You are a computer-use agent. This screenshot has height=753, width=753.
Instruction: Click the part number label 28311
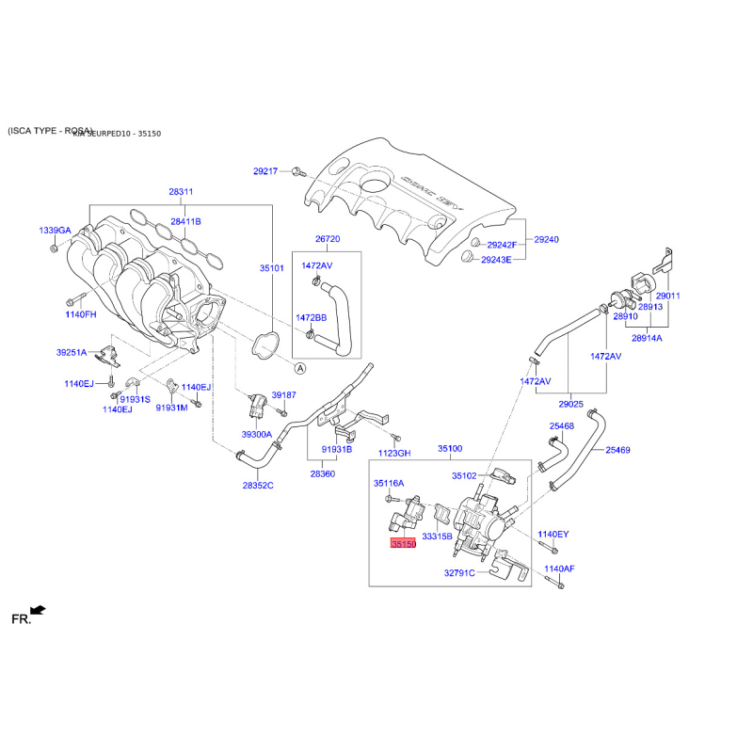click(x=181, y=192)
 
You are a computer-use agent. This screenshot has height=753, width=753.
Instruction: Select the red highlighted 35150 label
click(x=403, y=544)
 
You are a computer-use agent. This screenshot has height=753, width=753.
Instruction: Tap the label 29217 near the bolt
click(x=266, y=171)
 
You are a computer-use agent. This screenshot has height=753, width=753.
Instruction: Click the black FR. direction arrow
click(x=38, y=611)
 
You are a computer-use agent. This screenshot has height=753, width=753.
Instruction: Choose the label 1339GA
click(x=55, y=231)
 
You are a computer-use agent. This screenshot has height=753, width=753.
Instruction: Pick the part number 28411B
click(x=185, y=221)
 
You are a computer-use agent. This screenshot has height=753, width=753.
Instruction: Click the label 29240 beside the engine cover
click(x=546, y=240)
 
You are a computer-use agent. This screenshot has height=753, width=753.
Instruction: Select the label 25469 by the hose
click(x=617, y=451)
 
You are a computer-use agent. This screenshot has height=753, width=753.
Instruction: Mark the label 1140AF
click(x=558, y=569)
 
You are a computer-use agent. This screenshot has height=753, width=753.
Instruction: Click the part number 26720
click(x=328, y=239)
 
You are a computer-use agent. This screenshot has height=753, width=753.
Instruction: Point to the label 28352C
click(x=257, y=486)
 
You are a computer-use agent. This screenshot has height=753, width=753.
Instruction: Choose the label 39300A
click(x=256, y=435)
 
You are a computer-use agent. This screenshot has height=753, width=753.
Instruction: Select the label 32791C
click(x=460, y=571)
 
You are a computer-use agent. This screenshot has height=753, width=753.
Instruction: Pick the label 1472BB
click(x=312, y=317)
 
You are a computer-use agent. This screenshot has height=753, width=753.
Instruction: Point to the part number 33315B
click(x=437, y=536)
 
